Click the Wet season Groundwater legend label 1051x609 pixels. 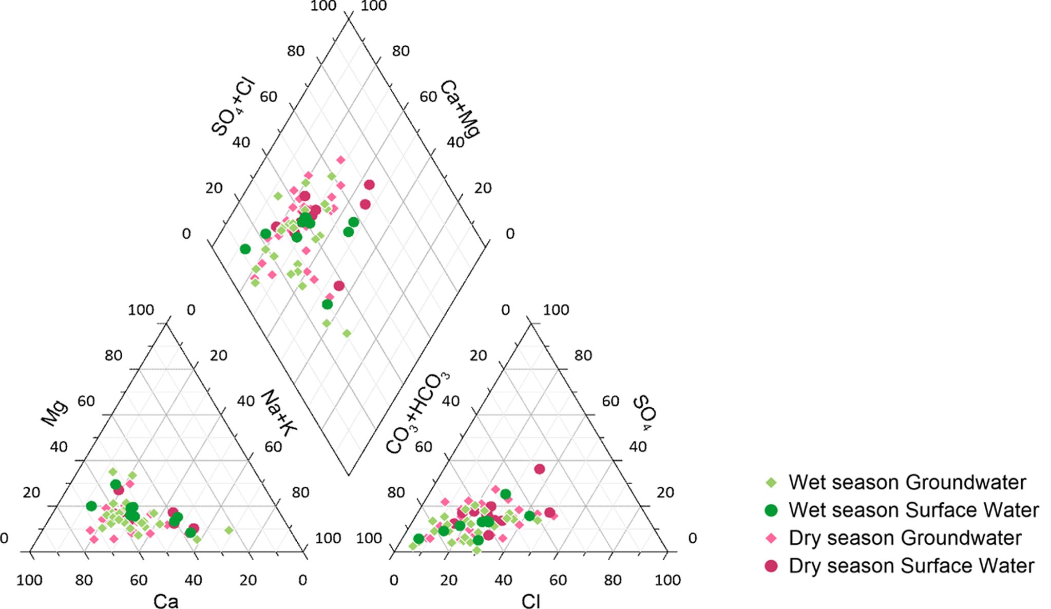point(907,482)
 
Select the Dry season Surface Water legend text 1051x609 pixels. point(911,565)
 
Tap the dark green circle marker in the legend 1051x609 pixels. point(771,510)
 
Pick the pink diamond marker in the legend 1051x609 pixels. point(771,538)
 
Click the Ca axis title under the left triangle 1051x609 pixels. point(166,601)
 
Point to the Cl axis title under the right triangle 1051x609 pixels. point(530,601)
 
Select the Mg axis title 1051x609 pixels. point(54,413)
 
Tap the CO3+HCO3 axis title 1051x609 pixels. point(417,413)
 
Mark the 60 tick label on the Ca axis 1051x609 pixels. point(139,580)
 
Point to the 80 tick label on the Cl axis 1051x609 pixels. point(613,580)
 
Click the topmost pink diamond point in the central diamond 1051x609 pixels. point(340,160)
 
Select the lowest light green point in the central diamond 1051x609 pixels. point(347,334)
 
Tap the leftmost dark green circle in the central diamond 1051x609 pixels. point(245,249)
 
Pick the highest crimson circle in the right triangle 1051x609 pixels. point(539,469)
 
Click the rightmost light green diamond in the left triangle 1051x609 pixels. point(229,530)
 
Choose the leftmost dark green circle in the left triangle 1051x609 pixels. point(91,506)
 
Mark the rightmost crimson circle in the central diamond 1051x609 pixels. point(369,185)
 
